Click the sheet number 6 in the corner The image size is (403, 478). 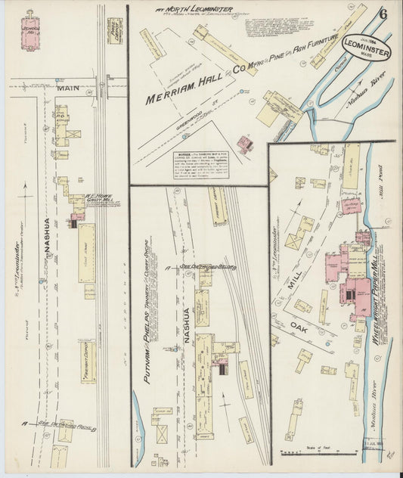pos(384,14)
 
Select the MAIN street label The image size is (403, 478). pos(67,88)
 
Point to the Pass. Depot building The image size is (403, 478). pos(115,30)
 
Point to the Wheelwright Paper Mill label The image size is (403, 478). pos(376,287)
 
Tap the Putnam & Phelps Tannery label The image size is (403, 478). pos(147,325)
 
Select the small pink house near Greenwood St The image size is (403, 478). pos(244,144)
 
